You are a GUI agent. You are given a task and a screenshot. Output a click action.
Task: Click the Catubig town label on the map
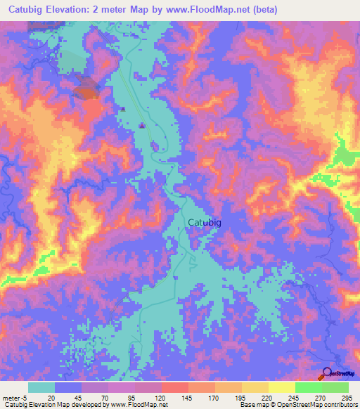pyautogui.click(x=206, y=223)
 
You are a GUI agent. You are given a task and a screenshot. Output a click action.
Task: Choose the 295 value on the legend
pyautogui.click(x=346, y=397)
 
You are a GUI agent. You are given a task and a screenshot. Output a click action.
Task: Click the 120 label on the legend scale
pyautogui.click(x=160, y=397)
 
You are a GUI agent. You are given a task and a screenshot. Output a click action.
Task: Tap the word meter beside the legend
pyautogui.click(x=12, y=397)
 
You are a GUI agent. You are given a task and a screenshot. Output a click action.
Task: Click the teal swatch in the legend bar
pyautogui.click(x=41, y=387)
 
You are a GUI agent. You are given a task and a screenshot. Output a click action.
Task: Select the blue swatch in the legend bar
pyautogui.click(x=68, y=387)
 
